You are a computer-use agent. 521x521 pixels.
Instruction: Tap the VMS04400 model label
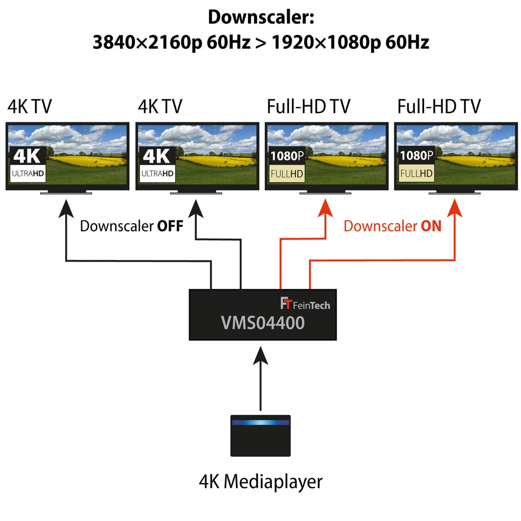[262, 323]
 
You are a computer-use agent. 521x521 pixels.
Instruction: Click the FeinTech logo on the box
[305, 304]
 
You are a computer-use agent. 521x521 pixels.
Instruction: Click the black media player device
[260, 437]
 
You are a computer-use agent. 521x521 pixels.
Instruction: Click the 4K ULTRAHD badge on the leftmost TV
[28, 165]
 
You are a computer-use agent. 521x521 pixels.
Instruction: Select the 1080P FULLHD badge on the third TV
[287, 165]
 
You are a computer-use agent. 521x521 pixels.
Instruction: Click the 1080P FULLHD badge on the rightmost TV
[416, 165]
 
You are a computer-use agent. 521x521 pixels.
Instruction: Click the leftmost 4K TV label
[30, 107]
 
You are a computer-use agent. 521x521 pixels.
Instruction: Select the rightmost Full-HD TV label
[439, 107]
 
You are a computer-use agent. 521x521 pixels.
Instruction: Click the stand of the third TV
[326, 192]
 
